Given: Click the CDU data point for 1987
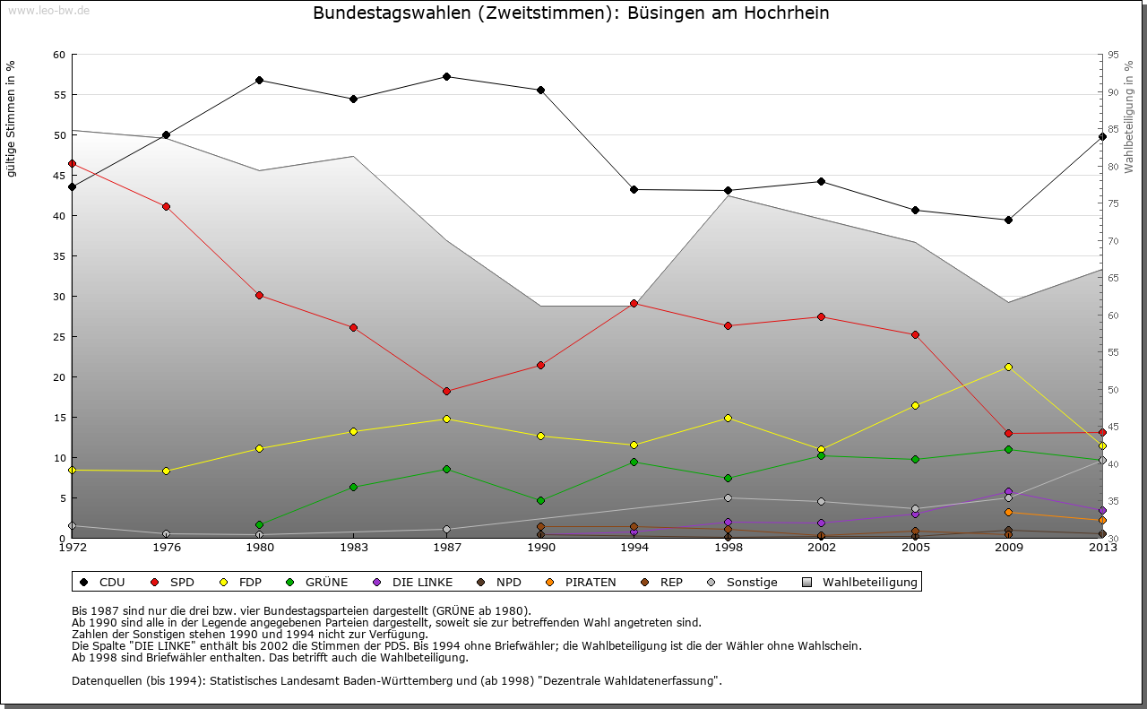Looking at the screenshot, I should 446,76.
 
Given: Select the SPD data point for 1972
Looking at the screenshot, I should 72,163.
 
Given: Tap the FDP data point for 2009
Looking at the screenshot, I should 1008,367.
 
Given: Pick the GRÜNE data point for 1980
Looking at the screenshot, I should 259,524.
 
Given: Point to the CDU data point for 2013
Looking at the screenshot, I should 1102,136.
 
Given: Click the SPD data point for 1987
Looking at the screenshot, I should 446,391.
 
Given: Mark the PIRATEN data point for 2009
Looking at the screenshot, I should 1008,512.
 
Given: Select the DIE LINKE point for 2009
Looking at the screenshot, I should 1008,491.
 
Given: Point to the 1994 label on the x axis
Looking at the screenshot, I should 634,547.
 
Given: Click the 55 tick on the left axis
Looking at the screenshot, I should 59,95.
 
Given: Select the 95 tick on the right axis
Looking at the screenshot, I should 1113,55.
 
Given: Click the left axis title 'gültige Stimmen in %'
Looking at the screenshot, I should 11,119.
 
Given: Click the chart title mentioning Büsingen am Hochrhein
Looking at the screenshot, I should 571,13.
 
